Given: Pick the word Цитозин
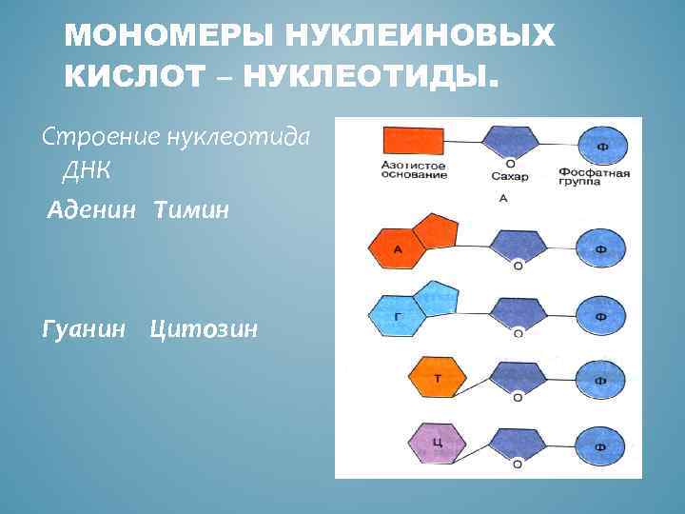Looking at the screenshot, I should pyautogui.click(x=203, y=329).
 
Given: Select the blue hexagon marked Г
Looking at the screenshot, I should pyautogui.click(x=398, y=315).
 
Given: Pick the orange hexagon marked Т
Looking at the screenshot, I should pyautogui.click(x=437, y=377).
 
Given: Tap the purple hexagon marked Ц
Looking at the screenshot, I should pyautogui.click(x=436, y=443).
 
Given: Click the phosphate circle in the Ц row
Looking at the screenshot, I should pyautogui.click(x=600, y=445).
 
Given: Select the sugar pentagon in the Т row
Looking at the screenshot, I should pyautogui.click(x=518, y=377).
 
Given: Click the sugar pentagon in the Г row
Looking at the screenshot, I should pyautogui.click(x=518, y=312).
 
